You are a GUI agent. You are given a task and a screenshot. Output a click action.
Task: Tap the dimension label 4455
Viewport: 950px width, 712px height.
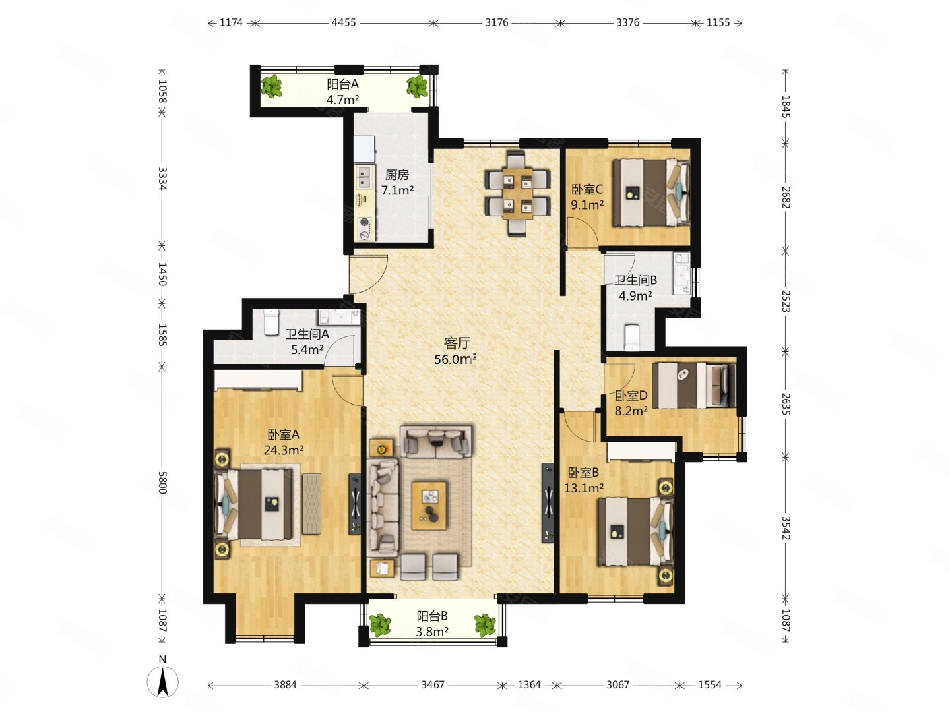tap(344, 22)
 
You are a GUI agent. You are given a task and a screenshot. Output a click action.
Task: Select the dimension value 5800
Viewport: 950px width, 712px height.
tap(162, 482)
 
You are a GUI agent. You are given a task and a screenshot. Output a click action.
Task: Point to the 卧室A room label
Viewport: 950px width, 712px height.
tap(283, 434)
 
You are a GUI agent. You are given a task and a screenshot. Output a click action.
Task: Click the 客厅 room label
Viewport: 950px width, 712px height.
tap(457, 343)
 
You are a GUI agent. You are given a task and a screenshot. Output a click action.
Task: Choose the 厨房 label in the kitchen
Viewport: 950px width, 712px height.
tap(396, 175)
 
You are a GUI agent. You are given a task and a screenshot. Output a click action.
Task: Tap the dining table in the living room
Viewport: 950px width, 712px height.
tap(517, 193)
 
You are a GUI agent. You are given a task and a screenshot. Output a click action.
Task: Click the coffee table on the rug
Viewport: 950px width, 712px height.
tap(429, 505)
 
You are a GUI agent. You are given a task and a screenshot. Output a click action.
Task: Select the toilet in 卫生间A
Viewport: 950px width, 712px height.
tap(271, 321)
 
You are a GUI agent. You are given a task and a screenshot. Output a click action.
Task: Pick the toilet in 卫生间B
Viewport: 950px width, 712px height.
tap(632, 337)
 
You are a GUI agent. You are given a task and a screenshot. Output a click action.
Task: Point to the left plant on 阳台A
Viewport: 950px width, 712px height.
tap(272, 86)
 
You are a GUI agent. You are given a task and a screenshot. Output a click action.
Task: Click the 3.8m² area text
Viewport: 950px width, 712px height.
tap(431, 632)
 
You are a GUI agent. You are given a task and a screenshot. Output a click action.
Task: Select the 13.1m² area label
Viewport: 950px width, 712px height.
tap(583, 488)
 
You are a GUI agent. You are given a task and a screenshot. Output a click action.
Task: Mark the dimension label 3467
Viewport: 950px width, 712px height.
tap(433, 684)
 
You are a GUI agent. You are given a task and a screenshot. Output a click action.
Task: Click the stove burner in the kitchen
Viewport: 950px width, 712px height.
tap(364, 229)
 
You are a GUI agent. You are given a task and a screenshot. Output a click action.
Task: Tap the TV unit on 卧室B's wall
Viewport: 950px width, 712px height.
tap(548, 503)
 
